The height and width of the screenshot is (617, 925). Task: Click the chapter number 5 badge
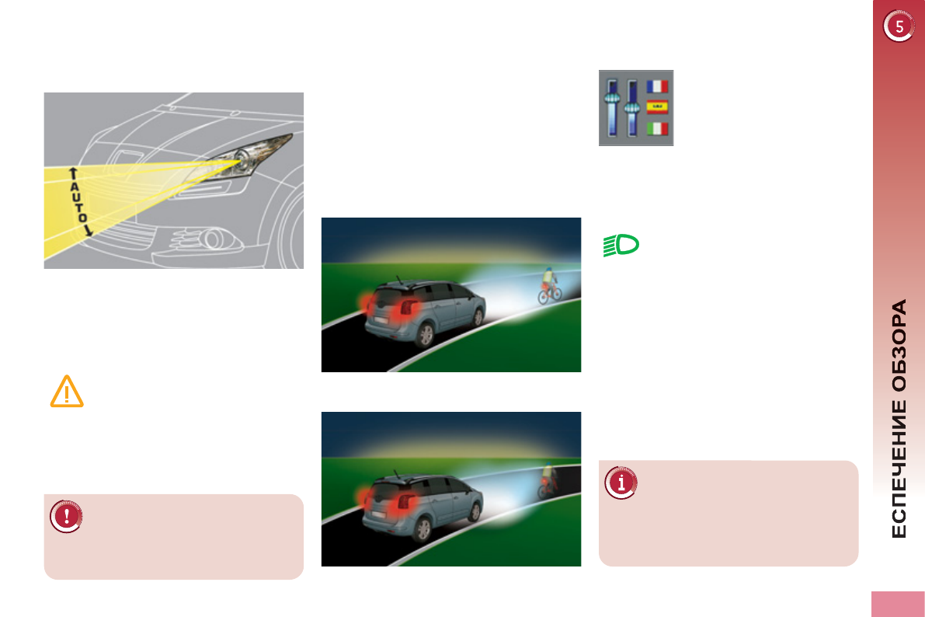pos(899,27)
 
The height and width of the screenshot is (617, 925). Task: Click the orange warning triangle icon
pos(67,391)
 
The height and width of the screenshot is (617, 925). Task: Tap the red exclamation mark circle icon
pos(66,516)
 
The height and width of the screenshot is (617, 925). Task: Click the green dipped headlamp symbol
pos(621,246)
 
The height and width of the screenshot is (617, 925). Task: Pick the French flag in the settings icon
pos(657,86)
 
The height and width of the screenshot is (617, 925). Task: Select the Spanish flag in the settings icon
pos(657,107)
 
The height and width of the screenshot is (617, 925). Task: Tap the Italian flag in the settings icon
pos(657,127)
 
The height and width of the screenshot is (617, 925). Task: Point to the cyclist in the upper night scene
pos(549,284)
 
